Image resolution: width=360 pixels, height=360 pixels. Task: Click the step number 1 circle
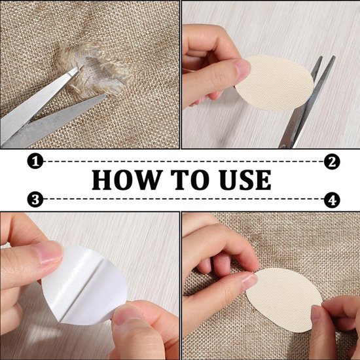pyautogui.click(x=35, y=162)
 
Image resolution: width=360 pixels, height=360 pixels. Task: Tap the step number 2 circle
pyautogui.click(x=332, y=162)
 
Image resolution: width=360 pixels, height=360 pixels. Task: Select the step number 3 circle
pyautogui.click(x=35, y=199)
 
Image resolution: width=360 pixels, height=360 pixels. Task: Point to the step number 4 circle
pyautogui.click(x=332, y=200)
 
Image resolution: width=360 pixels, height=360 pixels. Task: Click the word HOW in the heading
pyautogui.click(x=126, y=180)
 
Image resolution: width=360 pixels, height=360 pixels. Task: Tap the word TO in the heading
pyautogui.click(x=190, y=180)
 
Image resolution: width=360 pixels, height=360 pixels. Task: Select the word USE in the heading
pyautogui.click(x=245, y=180)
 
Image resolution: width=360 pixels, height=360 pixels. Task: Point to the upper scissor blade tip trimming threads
pyautogui.click(x=82, y=66)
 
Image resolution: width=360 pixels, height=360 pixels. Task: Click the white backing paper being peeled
pyautogui.click(x=84, y=285)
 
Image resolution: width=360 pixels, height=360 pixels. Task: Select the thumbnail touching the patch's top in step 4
pyautogui.click(x=250, y=281)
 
